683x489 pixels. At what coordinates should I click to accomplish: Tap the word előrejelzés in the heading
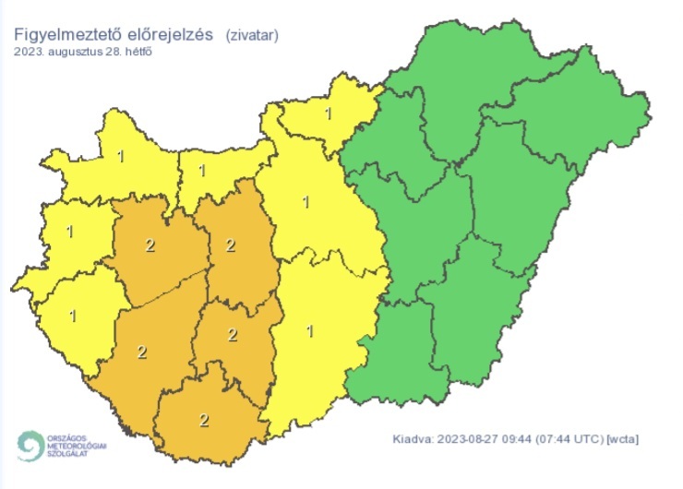point(173,35)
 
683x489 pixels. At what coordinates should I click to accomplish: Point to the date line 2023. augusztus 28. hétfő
point(83,52)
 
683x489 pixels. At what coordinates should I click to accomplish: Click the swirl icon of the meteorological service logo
point(30,446)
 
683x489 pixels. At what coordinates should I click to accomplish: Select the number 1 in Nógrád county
point(329,114)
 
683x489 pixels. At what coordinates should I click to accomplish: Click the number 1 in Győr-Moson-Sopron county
point(121,156)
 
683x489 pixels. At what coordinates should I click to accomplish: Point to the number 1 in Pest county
point(306,200)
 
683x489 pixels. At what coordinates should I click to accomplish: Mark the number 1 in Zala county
point(73,316)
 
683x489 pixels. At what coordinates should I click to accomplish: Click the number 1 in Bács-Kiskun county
point(310,330)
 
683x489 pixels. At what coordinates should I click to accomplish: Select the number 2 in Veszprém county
point(150,245)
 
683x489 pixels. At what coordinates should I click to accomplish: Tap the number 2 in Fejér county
point(231,245)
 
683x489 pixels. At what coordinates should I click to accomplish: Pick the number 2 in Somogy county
point(141,352)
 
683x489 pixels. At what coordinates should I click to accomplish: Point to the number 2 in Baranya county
point(204,420)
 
